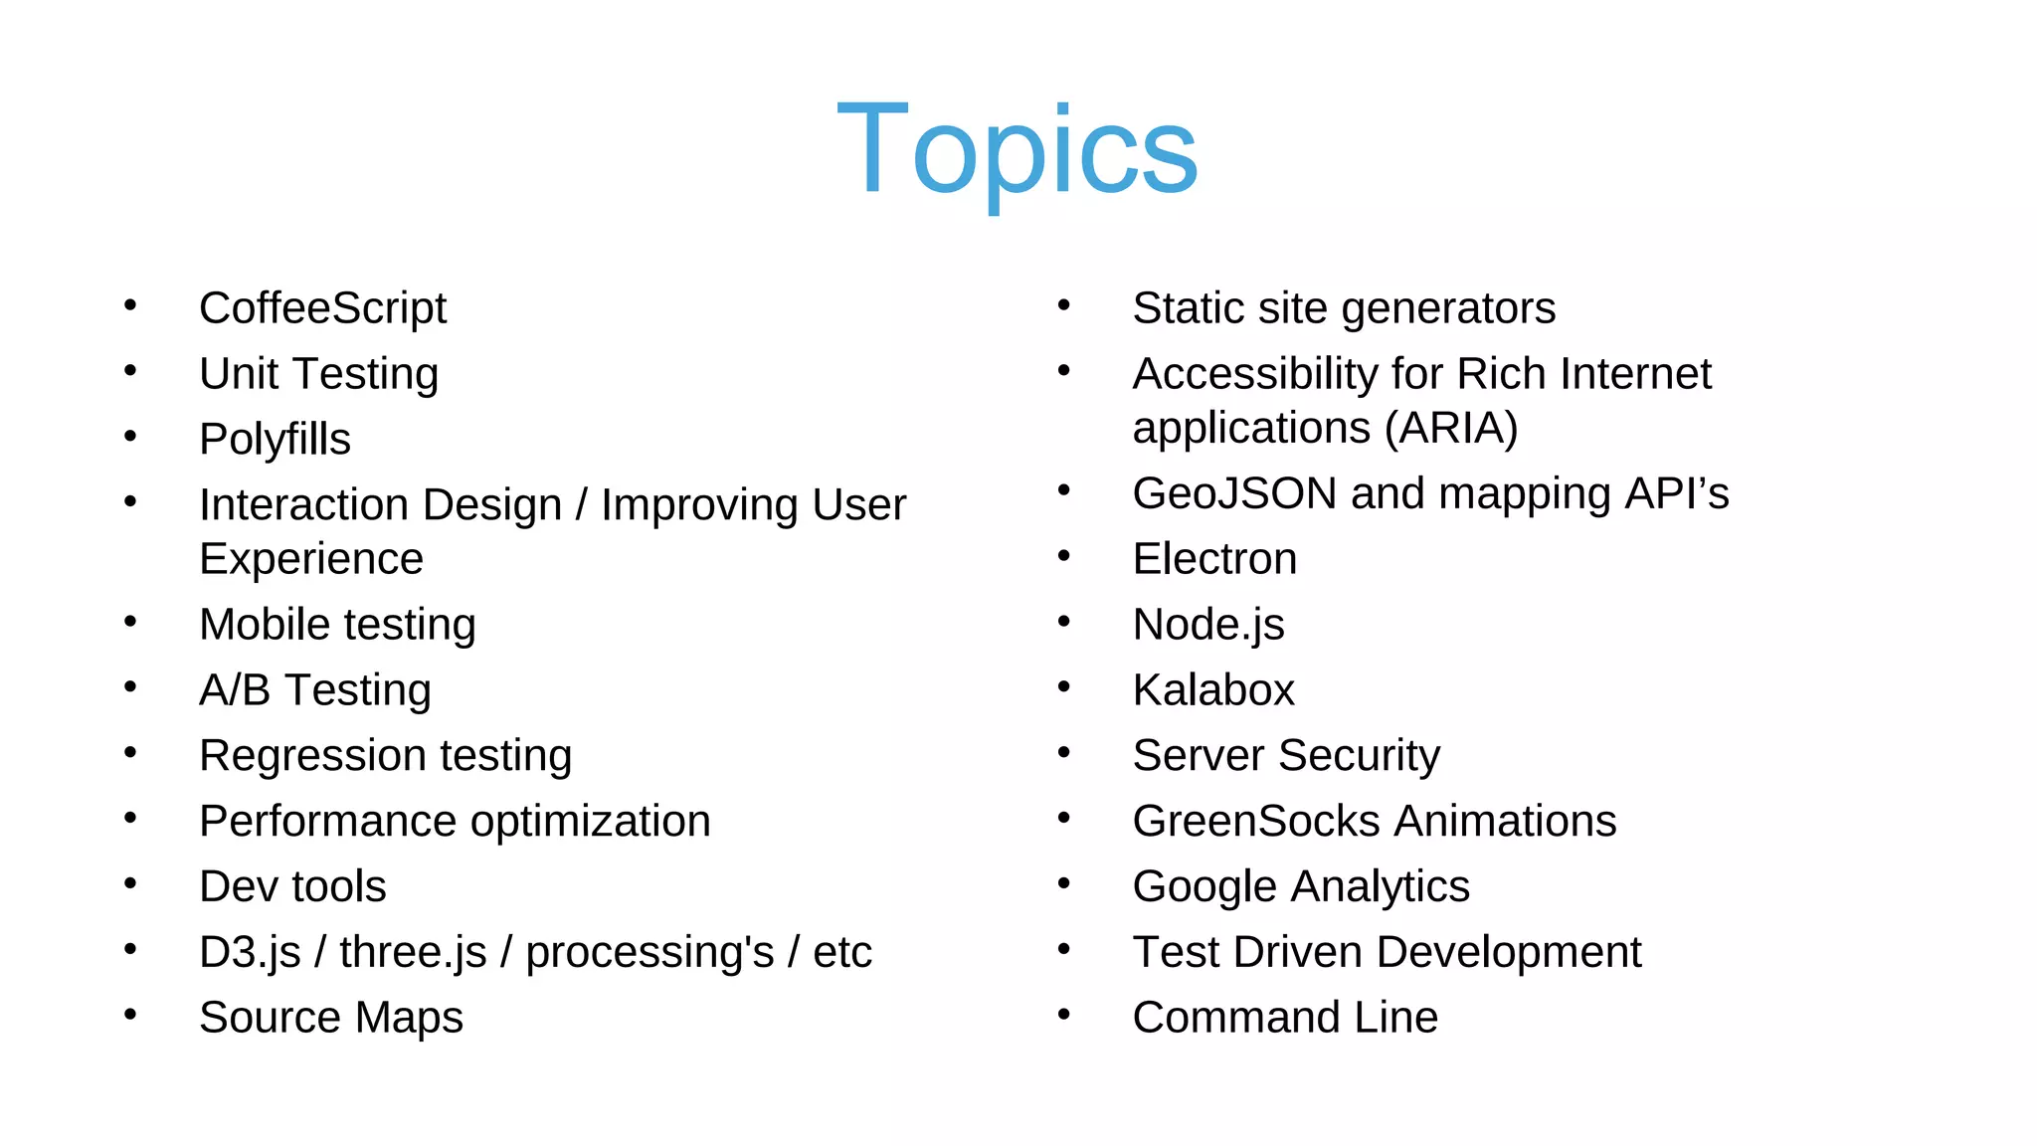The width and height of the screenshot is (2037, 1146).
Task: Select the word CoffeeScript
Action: click(x=322, y=308)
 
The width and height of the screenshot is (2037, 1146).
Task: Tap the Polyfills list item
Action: click(x=275, y=440)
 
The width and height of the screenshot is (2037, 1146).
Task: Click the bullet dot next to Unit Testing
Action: click(x=130, y=371)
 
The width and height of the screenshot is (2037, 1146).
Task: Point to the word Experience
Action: click(x=310, y=559)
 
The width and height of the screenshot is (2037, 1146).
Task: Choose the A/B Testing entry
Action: click(x=314, y=690)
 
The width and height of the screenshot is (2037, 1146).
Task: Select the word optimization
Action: click(x=590, y=822)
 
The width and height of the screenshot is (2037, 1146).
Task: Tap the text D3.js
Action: click(x=250, y=953)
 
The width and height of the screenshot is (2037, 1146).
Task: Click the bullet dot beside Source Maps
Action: click(x=130, y=1015)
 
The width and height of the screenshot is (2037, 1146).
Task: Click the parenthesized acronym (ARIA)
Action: click(x=1451, y=429)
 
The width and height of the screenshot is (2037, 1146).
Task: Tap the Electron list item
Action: click(x=1214, y=559)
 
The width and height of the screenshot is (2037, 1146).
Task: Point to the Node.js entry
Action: click(x=1207, y=625)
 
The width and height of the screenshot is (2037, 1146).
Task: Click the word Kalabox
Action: click(x=1213, y=690)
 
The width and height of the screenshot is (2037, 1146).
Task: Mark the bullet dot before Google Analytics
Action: click(x=1063, y=883)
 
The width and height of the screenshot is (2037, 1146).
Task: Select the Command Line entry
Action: click(x=1284, y=1018)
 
